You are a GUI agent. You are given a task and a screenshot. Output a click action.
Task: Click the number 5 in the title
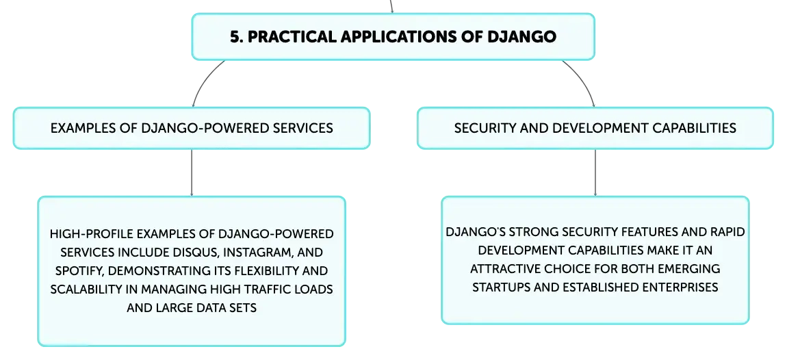point(235,37)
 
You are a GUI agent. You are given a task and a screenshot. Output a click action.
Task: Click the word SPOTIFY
point(80,270)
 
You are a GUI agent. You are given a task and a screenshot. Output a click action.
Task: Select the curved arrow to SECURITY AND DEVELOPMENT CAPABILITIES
point(583,80)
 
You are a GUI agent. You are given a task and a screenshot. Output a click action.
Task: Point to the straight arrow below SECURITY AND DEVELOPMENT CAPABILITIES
point(595,172)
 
